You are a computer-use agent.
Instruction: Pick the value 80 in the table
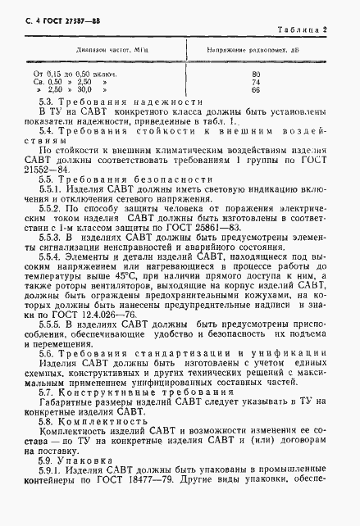point(257,75)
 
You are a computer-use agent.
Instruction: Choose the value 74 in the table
point(257,82)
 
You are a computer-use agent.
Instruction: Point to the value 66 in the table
point(257,89)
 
